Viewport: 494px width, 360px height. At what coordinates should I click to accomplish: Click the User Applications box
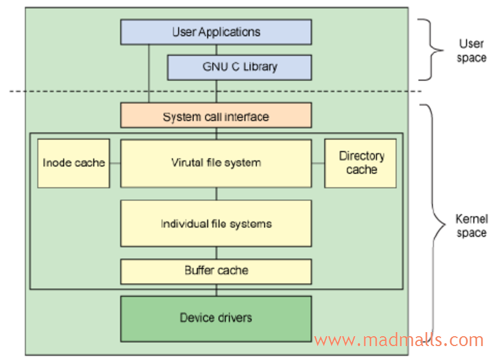coord(216,32)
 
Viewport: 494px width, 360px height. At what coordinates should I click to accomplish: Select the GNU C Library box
coord(239,67)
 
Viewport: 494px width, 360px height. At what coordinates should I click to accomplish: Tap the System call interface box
coord(216,117)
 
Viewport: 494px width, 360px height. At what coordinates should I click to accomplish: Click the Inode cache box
coord(73,163)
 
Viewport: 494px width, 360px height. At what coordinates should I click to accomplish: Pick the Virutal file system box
coord(216,163)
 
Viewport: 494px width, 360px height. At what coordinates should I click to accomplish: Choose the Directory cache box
coord(361,163)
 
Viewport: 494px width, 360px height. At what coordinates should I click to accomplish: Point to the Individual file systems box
coord(216,224)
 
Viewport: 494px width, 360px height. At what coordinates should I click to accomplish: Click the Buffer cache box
coord(216,271)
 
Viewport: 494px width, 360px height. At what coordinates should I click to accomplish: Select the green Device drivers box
coord(216,318)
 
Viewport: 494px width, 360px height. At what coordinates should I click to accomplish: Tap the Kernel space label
coord(471,226)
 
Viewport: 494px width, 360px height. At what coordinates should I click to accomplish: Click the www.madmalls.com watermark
coord(398,340)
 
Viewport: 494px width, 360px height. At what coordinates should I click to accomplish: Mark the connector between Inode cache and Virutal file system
coord(115,163)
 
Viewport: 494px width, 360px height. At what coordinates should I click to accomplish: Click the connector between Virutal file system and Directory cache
coord(318,163)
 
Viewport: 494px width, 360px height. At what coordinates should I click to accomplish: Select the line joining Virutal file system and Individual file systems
coord(216,194)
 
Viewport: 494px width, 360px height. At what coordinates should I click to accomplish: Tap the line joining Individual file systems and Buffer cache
coord(216,253)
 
